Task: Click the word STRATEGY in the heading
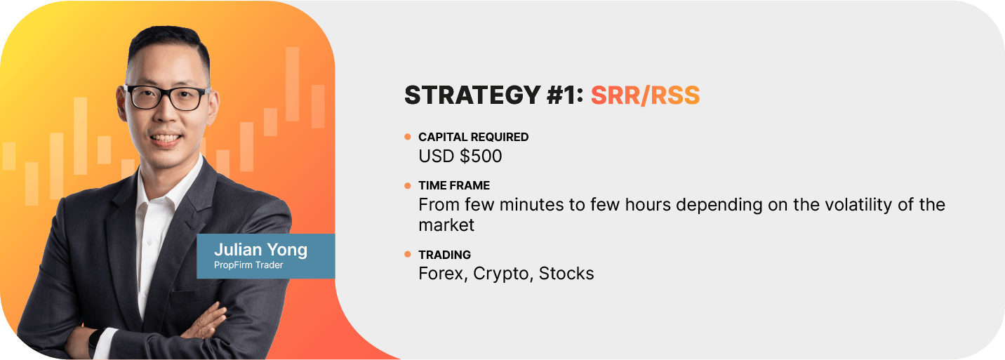pos(472,95)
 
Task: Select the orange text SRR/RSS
pos(645,95)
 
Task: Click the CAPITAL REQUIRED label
pos(473,137)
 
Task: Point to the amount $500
pos(481,156)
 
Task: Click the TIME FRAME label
pos(454,185)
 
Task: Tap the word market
pos(446,225)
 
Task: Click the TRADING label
pos(445,255)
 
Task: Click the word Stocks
pos(566,274)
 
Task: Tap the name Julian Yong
pos(260,250)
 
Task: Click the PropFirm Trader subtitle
pos(248,265)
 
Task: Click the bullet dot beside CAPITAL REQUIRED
pos(407,136)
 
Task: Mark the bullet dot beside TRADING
pos(407,255)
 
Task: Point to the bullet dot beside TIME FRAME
pos(407,185)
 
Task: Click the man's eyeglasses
pos(168,98)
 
